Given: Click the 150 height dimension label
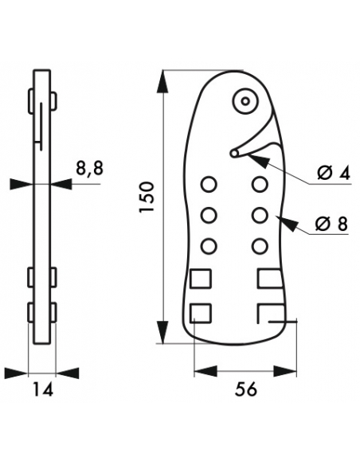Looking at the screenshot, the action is click(x=147, y=197).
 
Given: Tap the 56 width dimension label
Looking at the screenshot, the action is click(x=245, y=389).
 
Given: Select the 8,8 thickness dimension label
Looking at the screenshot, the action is click(x=89, y=169).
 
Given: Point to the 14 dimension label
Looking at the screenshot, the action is click(x=42, y=389).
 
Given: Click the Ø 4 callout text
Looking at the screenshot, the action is click(x=333, y=173).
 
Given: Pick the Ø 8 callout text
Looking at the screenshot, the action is click(x=331, y=224).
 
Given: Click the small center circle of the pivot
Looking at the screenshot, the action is click(x=245, y=102).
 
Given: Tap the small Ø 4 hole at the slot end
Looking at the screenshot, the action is click(x=234, y=154).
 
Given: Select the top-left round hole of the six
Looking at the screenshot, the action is click(x=209, y=185).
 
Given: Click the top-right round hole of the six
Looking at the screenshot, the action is click(x=260, y=185).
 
